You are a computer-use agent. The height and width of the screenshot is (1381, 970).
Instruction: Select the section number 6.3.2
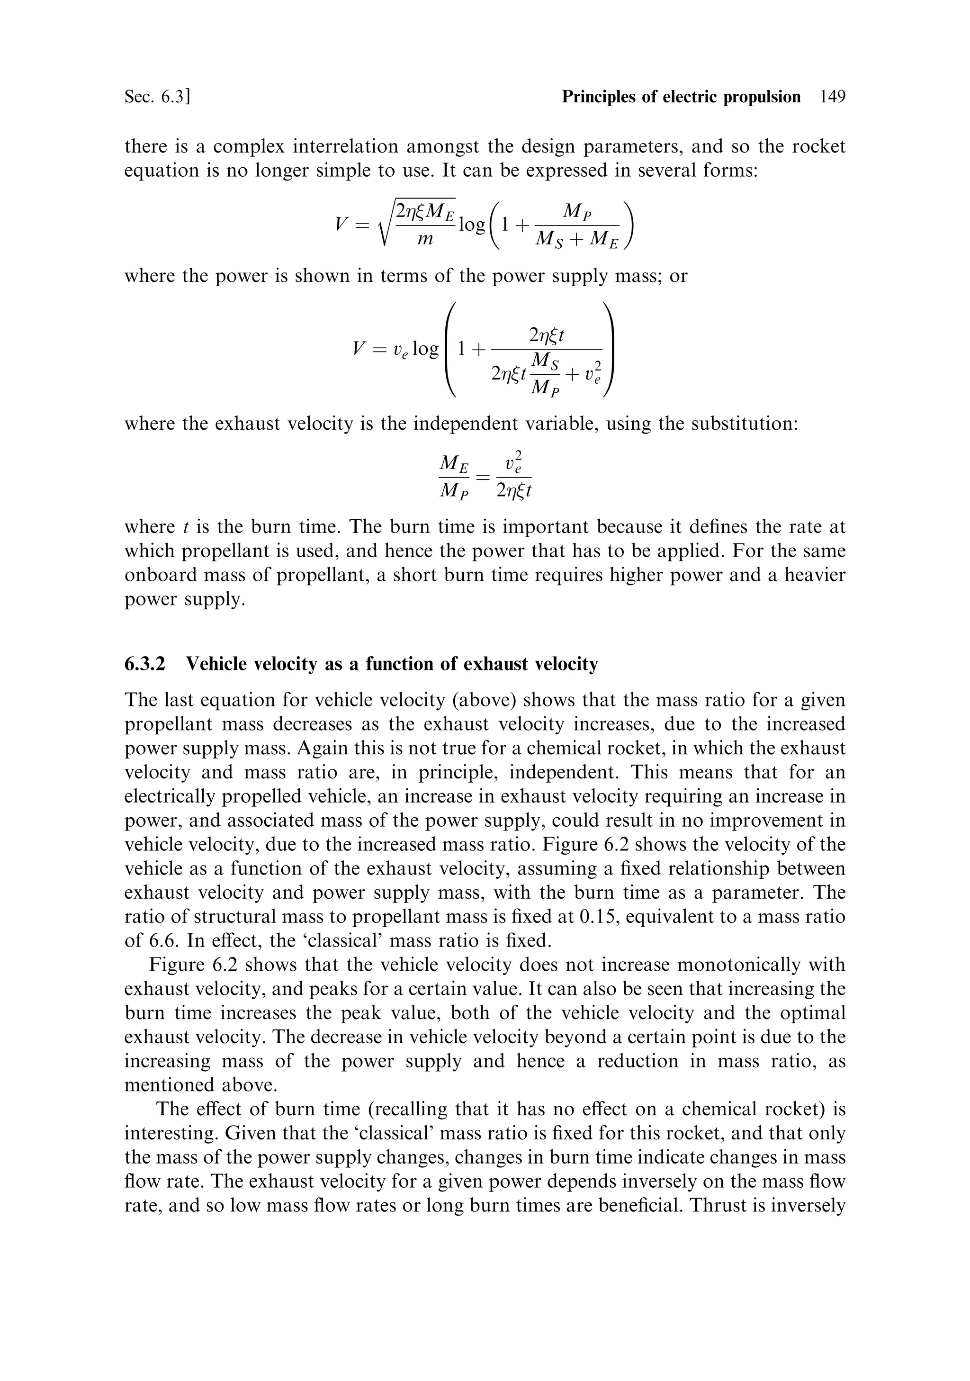145,664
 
